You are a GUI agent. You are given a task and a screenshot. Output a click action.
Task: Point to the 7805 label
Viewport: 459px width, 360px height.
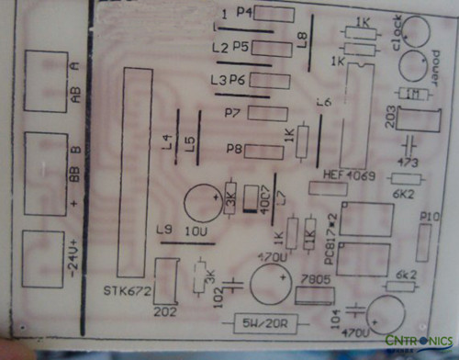[x=315, y=278]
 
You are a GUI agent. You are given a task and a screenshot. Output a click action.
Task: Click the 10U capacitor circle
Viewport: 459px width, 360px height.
[x=201, y=203]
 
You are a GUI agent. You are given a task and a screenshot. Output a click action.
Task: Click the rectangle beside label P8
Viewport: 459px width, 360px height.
[x=265, y=151]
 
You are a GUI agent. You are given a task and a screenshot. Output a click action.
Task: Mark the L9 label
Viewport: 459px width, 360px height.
[x=165, y=230]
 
